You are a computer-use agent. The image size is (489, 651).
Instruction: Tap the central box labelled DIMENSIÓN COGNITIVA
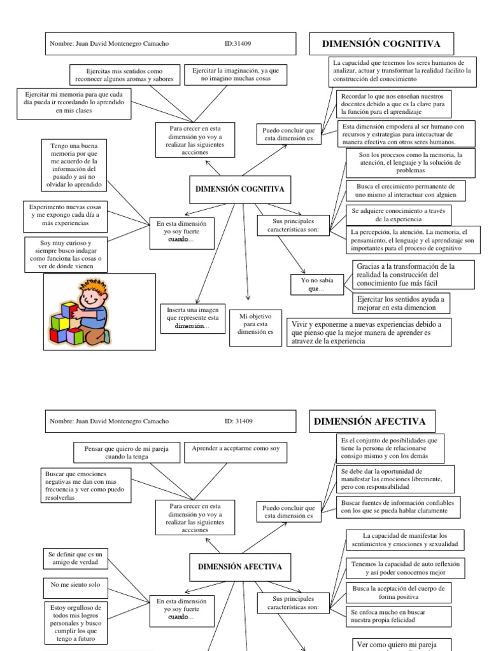pos(239,189)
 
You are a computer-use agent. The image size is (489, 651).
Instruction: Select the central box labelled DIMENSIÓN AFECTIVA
pos(239,566)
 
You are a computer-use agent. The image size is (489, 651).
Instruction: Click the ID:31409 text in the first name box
pos(239,44)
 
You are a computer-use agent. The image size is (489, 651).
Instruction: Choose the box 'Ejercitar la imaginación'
pos(236,74)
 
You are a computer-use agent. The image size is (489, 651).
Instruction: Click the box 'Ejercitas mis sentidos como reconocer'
pos(124,74)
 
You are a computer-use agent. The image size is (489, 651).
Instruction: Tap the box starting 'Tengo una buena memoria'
pos(74,167)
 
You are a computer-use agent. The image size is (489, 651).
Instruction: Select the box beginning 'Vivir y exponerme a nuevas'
pos(367,332)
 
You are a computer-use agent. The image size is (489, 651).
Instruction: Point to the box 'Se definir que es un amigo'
pos(75,559)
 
